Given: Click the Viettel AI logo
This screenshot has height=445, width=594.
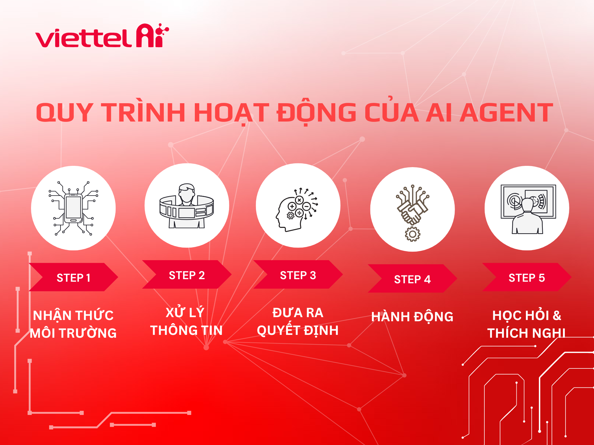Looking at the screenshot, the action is (x=102, y=36).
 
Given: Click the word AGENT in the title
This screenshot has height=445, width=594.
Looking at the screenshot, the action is (x=506, y=113).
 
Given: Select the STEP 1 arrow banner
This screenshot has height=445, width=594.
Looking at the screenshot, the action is (x=73, y=277).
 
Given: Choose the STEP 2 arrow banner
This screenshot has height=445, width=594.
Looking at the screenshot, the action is (x=187, y=275).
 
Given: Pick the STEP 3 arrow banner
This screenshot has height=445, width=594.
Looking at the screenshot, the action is (x=298, y=275).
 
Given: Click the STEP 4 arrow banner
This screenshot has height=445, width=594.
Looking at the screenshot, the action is (x=412, y=279).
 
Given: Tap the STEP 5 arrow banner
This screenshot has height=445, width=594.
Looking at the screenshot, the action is (x=527, y=277).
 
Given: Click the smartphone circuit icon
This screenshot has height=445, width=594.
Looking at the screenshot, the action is (x=73, y=208).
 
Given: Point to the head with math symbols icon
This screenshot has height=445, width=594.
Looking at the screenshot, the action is (x=297, y=209).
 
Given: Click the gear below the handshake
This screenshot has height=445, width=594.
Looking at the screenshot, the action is (x=412, y=234).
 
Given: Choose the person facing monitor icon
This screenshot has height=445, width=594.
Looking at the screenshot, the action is (x=528, y=209).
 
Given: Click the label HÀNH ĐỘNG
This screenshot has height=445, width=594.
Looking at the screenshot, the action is (x=412, y=317).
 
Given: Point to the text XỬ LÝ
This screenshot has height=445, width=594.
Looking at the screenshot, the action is (x=185, y=312).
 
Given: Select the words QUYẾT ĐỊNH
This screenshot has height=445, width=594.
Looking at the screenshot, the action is (x=298, y=330).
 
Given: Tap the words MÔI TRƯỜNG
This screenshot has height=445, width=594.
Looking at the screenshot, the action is (x=73, y=333).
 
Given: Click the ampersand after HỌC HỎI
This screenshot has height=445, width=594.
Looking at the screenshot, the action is (x=557, y=316).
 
